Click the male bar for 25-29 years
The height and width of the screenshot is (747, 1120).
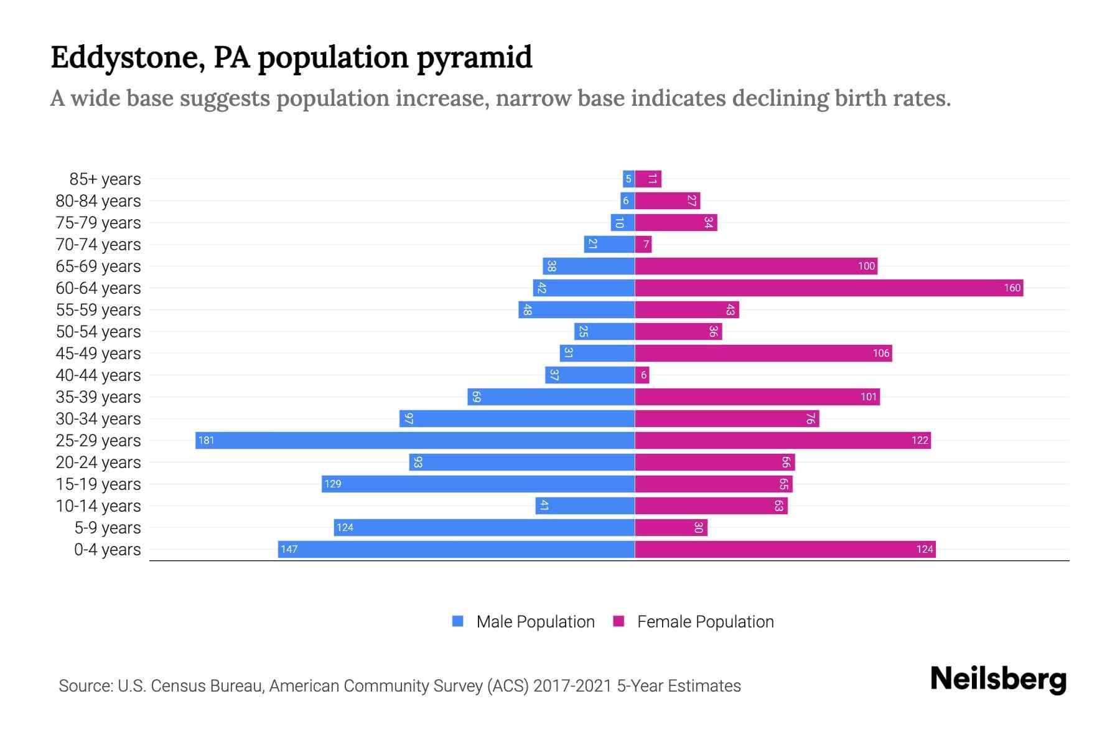(414, 440)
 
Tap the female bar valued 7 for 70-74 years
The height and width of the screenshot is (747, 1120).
(643, 244)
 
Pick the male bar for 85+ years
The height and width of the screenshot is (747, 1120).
(628, 179)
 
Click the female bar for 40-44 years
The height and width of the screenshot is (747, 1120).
(642, 375)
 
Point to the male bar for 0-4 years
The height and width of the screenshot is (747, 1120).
(456, 549)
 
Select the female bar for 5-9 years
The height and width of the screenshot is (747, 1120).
(671, 527)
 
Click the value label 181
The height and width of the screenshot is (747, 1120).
(206, 440)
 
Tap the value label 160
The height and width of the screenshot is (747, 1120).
(1012, 288)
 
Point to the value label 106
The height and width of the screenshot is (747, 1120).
(880, 353)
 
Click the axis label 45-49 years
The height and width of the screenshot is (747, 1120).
(98, 353)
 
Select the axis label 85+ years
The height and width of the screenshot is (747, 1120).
(105, 179)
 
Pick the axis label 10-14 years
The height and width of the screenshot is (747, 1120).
(98, 505)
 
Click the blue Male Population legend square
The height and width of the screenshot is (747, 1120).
(458, 621)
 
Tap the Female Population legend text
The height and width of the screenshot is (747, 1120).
(705, 621)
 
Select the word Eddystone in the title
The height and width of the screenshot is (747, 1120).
(128, 57)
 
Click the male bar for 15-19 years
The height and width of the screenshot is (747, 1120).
(478, 484)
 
